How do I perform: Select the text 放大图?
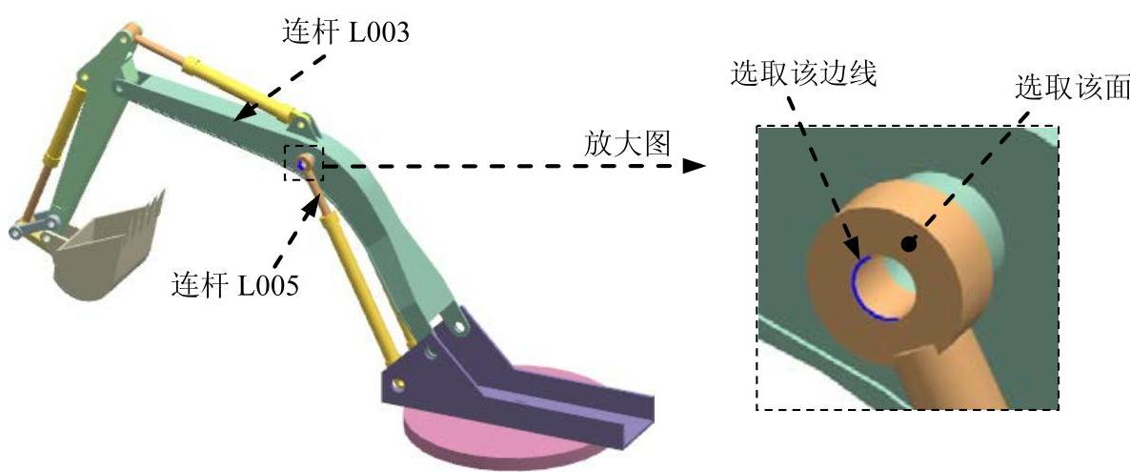tap(627, 144)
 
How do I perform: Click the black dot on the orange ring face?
tap(909, 244)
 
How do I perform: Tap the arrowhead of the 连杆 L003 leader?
tap(239, 117)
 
